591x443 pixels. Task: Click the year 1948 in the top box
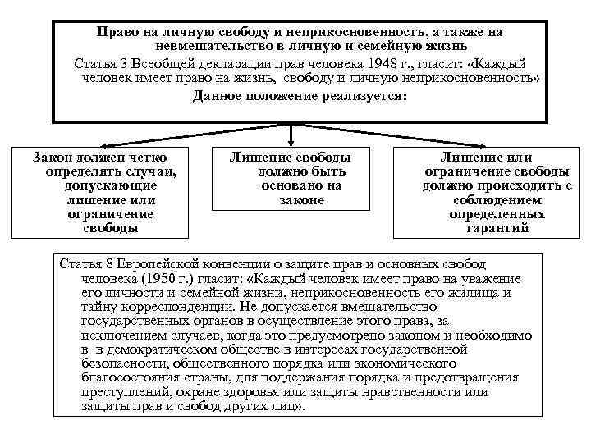[400, 63]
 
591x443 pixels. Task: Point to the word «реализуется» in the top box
[359, 96]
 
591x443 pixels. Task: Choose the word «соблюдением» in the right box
[497, 199]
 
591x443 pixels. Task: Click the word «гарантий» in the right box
[497, 228]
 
